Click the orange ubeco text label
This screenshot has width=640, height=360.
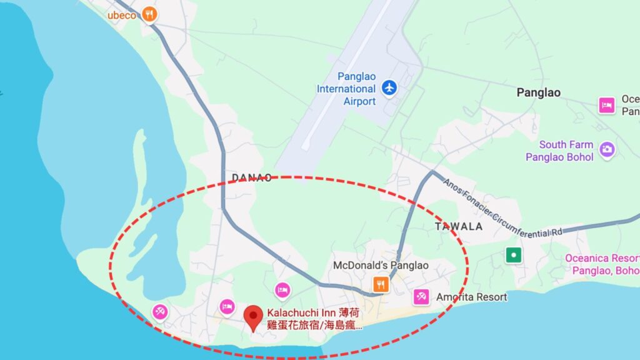click(x=121, y=15)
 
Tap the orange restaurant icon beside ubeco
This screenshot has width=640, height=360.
click(x=149, y=14)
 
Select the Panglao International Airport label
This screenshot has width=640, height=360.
click(x=346, y=89)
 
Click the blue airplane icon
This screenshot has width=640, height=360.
click(x=389, y=88)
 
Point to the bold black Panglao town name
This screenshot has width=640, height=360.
click(x=538, y=92)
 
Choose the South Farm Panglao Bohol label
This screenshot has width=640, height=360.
click(x=559, y=151)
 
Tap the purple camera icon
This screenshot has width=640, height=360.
click(x=606, y=149)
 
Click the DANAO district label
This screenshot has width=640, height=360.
click(x=252, y=177)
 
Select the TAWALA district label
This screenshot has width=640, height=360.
click(x=459, y=226)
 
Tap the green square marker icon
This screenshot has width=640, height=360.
click(x=513, y=255)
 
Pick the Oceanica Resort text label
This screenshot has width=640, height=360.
click(x=602, y=264)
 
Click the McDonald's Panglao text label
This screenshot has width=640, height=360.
click(x=381, y=266)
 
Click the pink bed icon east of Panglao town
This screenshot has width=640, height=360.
click(x=606, y=105)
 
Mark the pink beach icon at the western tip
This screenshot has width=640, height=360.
click(x=161, y=311)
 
